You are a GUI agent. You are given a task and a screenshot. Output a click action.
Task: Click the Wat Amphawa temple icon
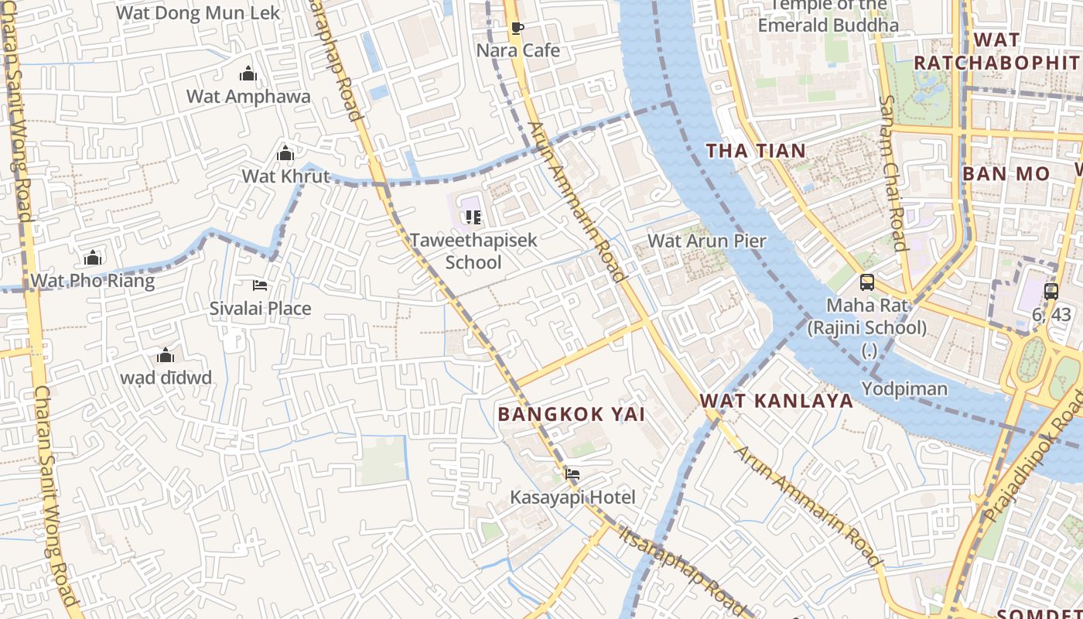[248, 74]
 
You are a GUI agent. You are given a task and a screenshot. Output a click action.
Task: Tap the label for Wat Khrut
[285, 176]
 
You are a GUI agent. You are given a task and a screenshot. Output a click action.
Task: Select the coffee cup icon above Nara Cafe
[518, 29]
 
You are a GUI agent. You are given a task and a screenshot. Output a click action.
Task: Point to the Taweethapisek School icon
[473, 217]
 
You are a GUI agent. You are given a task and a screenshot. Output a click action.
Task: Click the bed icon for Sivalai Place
[260, 286]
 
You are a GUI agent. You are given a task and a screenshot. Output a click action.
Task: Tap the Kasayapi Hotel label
[572, 498]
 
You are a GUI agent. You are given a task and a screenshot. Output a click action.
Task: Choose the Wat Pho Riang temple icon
[93, 258]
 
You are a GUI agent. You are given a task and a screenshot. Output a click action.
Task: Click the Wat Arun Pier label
[706, 241]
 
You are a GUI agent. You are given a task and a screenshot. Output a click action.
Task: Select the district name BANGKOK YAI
[572, 414]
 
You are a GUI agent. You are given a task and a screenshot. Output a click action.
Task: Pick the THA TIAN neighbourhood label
[757, 151]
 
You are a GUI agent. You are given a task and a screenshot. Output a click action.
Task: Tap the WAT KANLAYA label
[777, 401]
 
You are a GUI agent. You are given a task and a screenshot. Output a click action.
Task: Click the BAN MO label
[1006, 173]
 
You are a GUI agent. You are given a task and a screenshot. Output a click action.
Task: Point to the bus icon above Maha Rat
[867, 282]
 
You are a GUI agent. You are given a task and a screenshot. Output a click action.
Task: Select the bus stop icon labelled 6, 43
[1051, 292]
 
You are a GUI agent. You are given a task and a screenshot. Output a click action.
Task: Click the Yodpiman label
[904, 388]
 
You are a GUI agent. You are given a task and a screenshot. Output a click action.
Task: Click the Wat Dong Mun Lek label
[198, 13]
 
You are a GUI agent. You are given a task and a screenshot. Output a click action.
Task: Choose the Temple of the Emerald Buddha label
[828, 15]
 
